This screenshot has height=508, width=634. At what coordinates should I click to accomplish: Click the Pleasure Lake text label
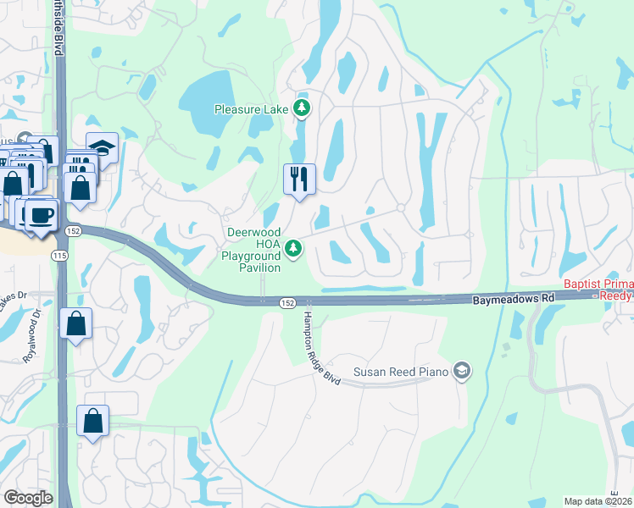pos(251,108)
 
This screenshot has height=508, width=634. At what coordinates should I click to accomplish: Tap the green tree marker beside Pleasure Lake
pos(301,108)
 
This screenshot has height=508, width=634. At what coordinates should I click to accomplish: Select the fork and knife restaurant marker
pos(299,179)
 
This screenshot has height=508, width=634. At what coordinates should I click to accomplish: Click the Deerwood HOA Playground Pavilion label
pos(253,250)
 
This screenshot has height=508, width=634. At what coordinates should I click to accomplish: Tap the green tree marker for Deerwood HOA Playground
pos(293,248)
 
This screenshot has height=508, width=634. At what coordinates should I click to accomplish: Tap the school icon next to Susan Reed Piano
pos(461,370)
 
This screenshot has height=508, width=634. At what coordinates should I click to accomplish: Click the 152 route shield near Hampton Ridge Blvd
pos(287,302)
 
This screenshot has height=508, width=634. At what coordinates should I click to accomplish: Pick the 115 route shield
pos(59,255)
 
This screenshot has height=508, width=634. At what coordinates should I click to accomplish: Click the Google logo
pos(28,498)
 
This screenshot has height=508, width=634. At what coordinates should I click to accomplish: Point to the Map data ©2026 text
pos(597,501)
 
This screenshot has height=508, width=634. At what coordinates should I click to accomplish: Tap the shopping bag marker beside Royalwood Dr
pos(75,323)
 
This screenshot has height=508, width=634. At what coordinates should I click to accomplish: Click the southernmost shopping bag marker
pos(92,421)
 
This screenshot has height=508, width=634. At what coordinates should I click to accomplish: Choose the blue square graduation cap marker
pos(102,147)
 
